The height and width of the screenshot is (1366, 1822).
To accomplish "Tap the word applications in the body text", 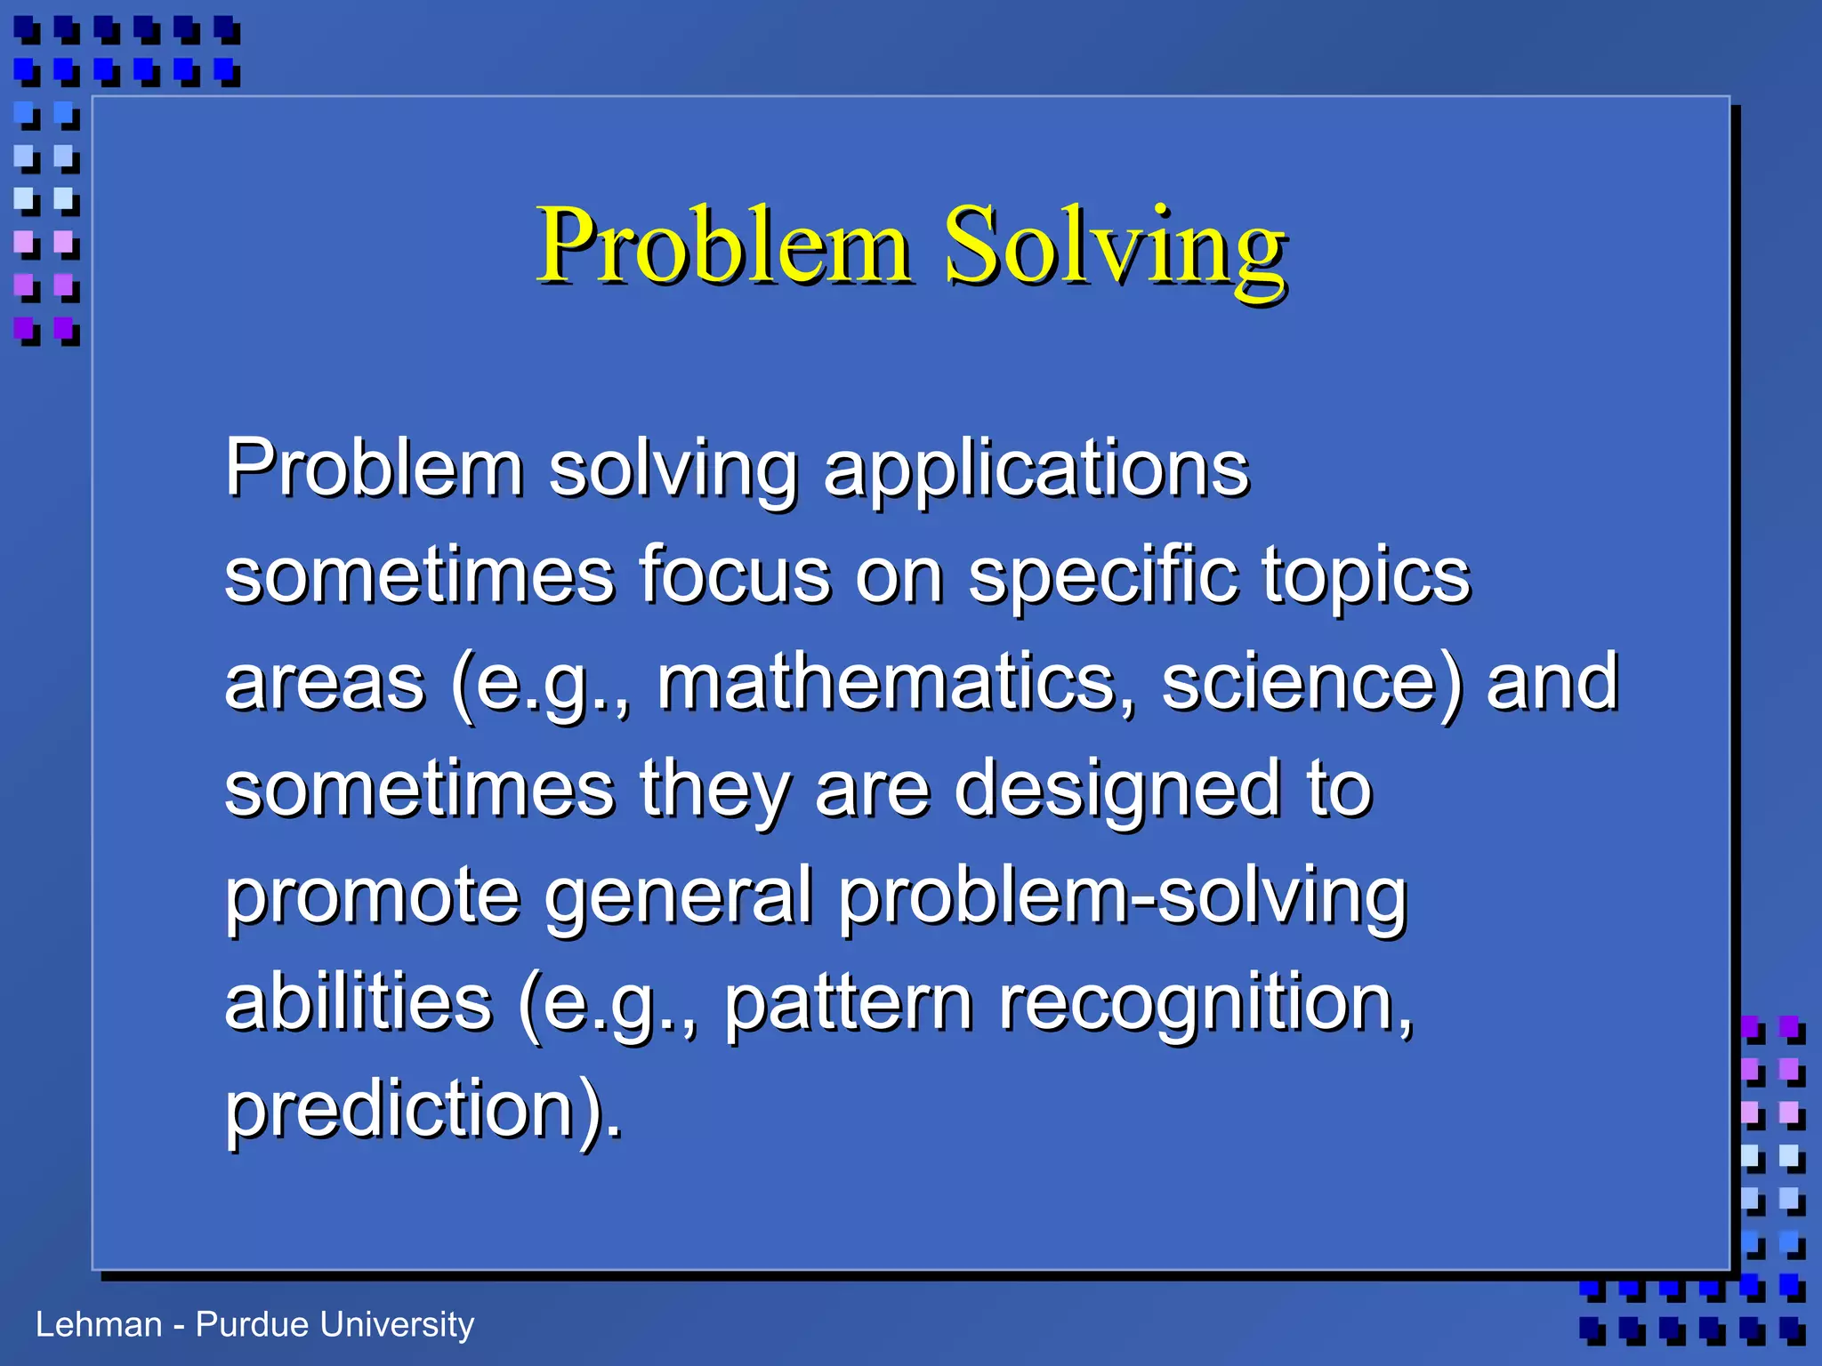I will point(1036,470).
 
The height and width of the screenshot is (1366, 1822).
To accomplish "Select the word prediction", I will point(413,1110).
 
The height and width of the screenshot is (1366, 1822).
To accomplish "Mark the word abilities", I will point(358,1003).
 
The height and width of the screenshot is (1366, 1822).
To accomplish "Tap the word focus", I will point(735,576).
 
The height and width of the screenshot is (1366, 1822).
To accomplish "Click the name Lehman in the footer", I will point(98,1325).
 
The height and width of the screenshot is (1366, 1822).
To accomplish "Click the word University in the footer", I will point(397,1325).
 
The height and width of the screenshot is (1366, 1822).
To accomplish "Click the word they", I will point(714,790).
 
